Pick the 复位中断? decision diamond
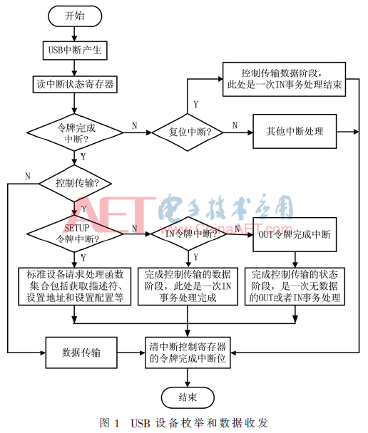point(189,132)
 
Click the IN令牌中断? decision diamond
point(189,233)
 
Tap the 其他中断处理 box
point(295,132)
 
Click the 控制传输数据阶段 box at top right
point(285,79)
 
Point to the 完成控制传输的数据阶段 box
point(188,286)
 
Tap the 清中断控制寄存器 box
point(188,352)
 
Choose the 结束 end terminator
point(188,396)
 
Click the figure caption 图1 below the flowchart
point(185,422)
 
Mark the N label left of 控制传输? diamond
point(27,176)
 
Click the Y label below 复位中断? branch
point(195,104)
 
